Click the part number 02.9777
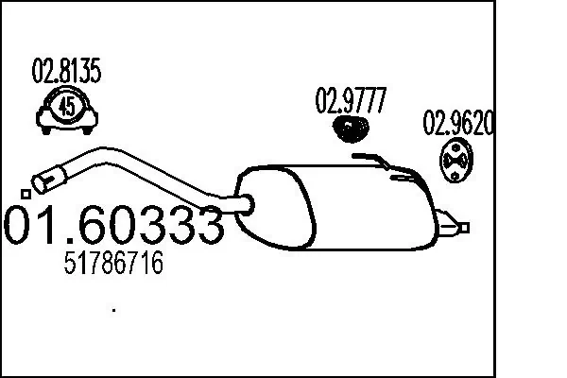[351, 99]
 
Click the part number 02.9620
[458, 124]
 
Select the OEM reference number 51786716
[112, 265]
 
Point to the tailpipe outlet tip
[463, 227]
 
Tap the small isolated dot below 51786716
[114, 309]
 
